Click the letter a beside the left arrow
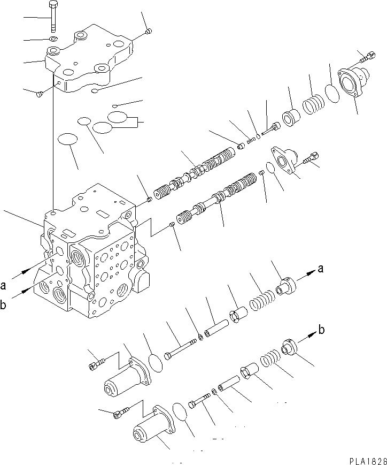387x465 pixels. [4, 284]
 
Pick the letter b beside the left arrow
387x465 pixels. [4, 306]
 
